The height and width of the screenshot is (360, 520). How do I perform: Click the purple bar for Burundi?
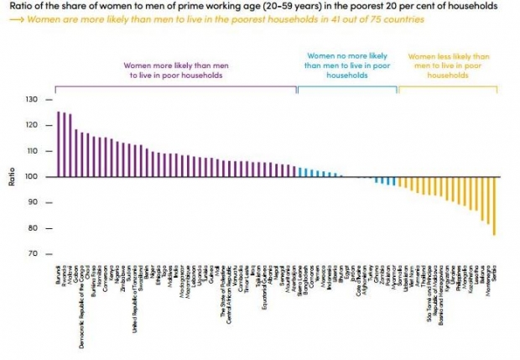click(x=58, y=144)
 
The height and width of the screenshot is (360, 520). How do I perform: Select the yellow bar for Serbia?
click(x=495, y=206)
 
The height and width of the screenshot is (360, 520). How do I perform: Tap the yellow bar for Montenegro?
click(x=489, y=201)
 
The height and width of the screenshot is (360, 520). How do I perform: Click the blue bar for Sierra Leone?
click(x=301, y=173)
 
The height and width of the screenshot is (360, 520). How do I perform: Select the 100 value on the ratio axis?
click(x=33, y=177)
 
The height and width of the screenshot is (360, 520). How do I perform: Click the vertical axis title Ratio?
click(x=11, y=177)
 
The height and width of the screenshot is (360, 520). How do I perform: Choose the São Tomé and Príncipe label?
click(x=430, y=302)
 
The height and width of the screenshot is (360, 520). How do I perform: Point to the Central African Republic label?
click(x=227, y=303)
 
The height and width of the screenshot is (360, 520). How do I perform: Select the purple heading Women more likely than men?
click(x=175, y=70)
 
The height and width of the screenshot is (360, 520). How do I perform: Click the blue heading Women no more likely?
click(x=335, y=65)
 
